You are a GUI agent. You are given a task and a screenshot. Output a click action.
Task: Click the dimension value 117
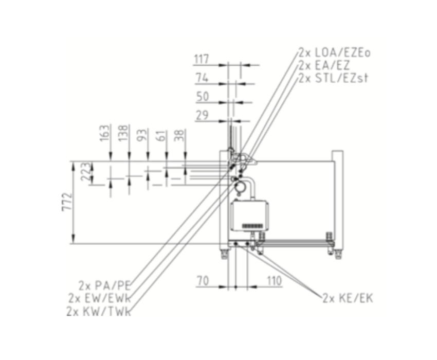click(x=202, y=59)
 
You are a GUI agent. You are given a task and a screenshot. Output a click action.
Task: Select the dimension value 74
click(x=202, y=78)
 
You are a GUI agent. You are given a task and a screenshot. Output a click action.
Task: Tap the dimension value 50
click(x=203, y=97)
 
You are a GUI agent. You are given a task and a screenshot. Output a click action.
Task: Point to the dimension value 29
click(x=202, y=115)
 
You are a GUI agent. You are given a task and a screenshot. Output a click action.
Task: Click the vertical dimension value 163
click(x=105, y=133)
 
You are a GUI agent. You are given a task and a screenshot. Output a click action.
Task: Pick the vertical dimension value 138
click(x=123, y=133)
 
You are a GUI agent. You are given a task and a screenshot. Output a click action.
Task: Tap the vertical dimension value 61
click(x=161, y=135)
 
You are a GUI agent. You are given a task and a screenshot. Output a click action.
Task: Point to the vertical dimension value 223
click(x=86, y=171)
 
